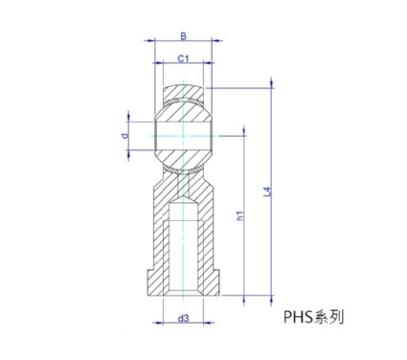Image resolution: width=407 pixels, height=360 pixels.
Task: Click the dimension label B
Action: (183, 36)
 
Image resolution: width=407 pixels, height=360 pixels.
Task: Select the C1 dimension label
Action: (183, 58)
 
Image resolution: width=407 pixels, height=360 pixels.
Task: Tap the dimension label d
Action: (125, 136)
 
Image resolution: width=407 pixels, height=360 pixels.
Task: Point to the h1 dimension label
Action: (240, 215)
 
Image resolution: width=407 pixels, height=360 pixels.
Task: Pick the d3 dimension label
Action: (183, 318)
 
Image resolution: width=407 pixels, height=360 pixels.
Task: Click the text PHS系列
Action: (314, 317)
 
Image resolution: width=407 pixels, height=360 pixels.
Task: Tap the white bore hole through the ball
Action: (183, 136)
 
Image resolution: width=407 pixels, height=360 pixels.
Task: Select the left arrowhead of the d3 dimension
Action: (158, 323)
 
